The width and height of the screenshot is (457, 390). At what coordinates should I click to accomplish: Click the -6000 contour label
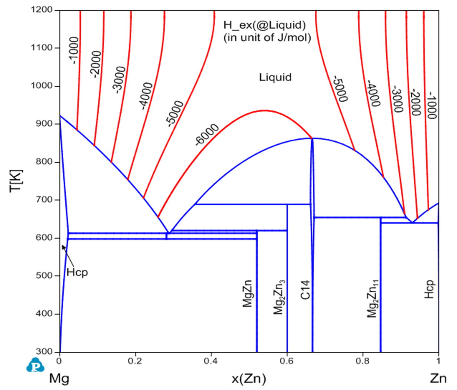207,135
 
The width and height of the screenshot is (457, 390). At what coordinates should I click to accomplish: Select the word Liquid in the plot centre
275,77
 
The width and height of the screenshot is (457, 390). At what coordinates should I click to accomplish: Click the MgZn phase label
247,294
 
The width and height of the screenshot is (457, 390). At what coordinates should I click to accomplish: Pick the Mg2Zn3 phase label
279,297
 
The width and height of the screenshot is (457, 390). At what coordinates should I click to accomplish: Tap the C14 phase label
305,290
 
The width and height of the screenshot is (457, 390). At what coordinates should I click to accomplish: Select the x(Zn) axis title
249,379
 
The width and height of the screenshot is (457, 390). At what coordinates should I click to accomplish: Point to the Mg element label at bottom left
59,379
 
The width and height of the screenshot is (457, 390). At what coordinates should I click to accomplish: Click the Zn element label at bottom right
438,379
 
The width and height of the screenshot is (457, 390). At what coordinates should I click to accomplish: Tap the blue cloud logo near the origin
35,365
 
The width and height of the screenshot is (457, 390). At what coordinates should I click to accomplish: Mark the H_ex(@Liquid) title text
265,25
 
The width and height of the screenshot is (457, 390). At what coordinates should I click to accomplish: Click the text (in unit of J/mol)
267,37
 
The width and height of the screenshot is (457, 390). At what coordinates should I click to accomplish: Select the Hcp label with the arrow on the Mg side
77,272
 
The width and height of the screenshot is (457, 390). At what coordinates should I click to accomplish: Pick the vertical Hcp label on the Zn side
429,290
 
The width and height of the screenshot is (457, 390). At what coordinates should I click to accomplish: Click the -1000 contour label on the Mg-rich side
74,50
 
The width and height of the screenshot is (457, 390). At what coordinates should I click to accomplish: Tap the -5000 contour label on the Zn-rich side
340,89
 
